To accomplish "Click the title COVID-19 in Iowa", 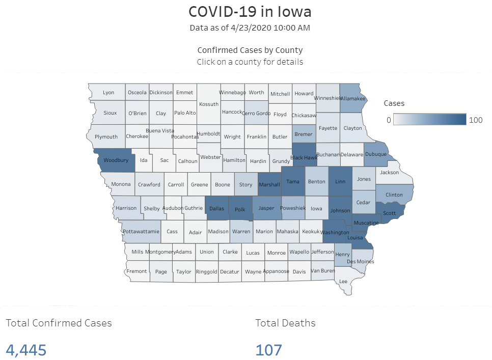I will [250, 11].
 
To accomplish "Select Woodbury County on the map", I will [116, 160].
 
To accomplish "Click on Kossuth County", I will [209, 104].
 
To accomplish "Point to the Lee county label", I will [343, 281].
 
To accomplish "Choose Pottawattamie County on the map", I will [141, 232].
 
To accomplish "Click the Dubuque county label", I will [376, 154].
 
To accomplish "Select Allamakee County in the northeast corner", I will [352, 98].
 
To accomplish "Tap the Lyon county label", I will [108, 93].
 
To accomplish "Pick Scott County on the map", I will [390, 213].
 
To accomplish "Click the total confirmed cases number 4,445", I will [26, 350].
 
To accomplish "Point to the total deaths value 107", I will [268, 350].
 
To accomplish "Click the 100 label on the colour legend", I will [476, 120].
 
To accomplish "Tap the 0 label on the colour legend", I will [389, 120].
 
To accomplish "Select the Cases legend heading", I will [394, 103].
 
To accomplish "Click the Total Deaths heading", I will [285, 323].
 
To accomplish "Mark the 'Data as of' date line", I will [250, 27].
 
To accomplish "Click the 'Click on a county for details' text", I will [250, 62].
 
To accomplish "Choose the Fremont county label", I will [137, 271].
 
